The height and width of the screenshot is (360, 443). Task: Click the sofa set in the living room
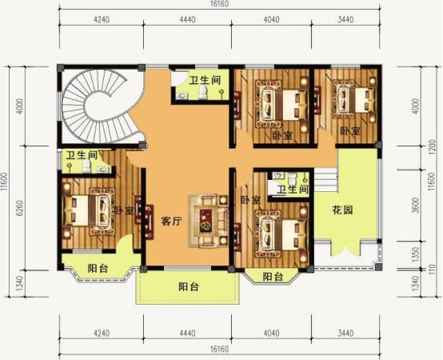click(x=207, y=218)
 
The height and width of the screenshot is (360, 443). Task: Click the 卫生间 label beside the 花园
click(x=293, y=190)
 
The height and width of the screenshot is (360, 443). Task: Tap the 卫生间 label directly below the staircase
click(x=82, y=155)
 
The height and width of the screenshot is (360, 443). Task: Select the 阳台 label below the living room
click(x=190, y=286)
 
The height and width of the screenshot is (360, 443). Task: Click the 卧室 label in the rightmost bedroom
click(x=349, y=130)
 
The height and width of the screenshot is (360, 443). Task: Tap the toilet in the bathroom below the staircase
click(x=86, y=167)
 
